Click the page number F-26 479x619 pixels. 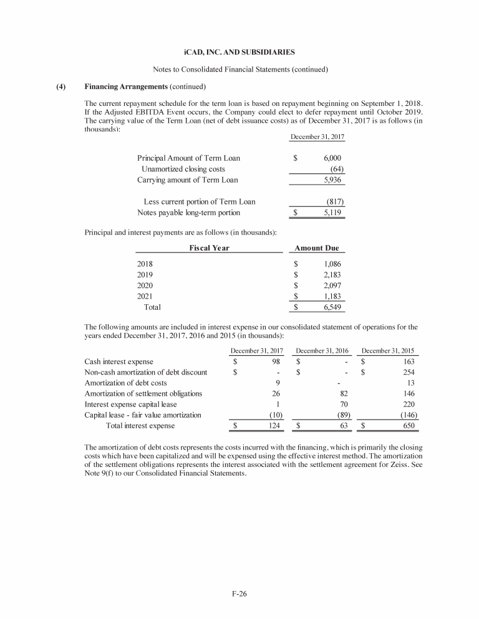tap(239, 593)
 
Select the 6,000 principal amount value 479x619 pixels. tap(332, 158)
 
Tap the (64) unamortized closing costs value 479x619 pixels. tap(337, 169)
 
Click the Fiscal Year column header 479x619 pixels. tap(209, 248)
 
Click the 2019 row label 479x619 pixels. tap(145, 274)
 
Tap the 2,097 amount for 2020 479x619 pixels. tap(332, 285)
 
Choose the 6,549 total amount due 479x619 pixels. tap(332, 307)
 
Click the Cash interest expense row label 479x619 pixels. tap(119, 362)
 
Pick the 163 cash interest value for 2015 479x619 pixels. tap(409, 362)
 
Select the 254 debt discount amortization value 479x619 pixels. tap(409, 373)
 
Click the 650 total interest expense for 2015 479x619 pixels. tap(409, 426)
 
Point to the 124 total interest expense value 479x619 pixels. tap(273, 426)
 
